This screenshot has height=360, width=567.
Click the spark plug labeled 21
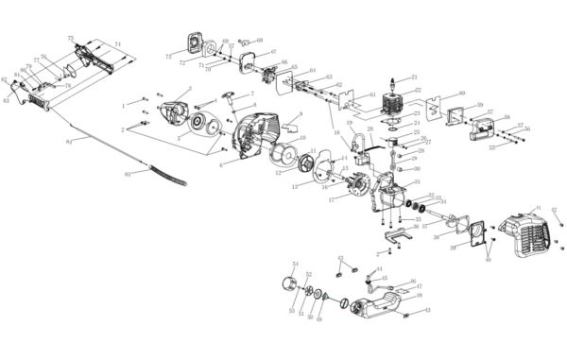pos(390,84)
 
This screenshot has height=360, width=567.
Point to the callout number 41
pos(538,208)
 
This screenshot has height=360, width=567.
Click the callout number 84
pos(69,143)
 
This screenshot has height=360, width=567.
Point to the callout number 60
pos(462,94)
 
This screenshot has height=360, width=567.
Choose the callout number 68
pos(260,41)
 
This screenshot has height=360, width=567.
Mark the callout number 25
pos(417,132)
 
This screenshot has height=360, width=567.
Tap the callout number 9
pos(300,114)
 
